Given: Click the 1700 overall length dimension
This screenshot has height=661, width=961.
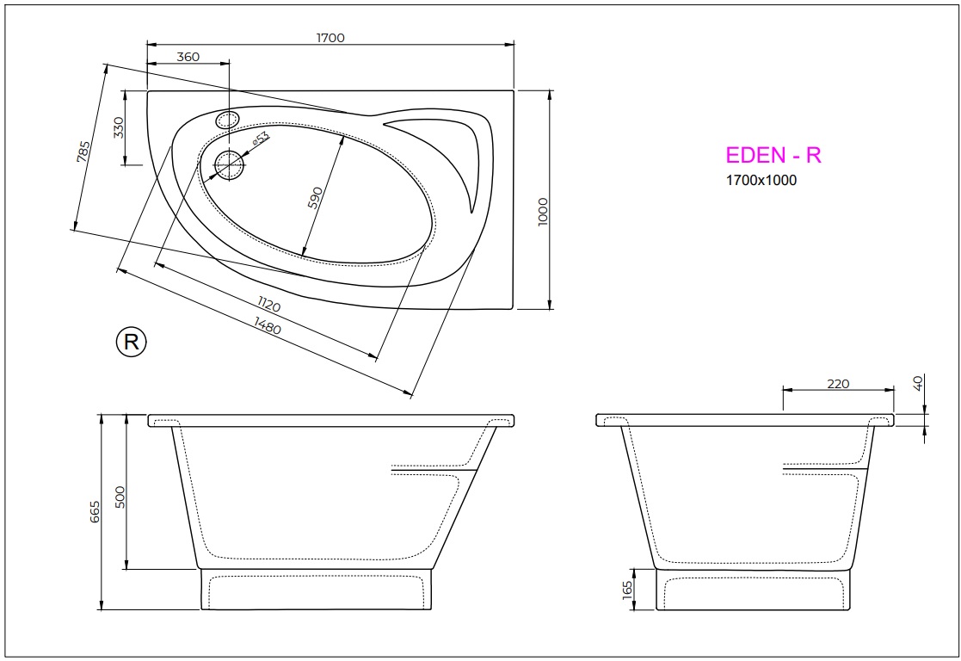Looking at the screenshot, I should pyautogui.click(x=330, y=38).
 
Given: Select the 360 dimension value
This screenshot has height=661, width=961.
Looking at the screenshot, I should pyautogui.click(x=188, y=57).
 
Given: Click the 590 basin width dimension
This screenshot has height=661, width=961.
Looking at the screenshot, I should pyautogui.click(x=316, y=197).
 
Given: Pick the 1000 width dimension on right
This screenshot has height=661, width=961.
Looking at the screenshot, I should pyautogui.click(x=542, y=212).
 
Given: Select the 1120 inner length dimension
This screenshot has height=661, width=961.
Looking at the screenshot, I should pyautogui.click(x=268, y=306).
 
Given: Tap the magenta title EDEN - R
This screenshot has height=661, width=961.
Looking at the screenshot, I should pyautogui.click(x=773, y=155).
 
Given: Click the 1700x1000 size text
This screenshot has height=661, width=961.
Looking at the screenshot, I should pyautogui.click(x=761, y=181).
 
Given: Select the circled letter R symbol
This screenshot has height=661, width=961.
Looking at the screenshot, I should pyautogui.click(x=131, y=342).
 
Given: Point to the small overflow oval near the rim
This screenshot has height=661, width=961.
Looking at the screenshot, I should pyautogui.click(x=228, y=120).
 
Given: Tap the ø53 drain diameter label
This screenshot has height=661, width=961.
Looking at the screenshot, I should pyautogui.click(x=261, y=138).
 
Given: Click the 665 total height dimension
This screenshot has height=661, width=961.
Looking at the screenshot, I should pyautogui.click(x=95, y=511).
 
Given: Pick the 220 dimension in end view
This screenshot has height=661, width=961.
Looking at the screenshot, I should pyautogui.click(x=838, y=384).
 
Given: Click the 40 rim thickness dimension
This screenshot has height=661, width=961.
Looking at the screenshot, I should pyautogui.click(x=918, y=383).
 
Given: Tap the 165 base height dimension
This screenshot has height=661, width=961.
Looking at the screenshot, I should pyautogui.click(x=627, y=589).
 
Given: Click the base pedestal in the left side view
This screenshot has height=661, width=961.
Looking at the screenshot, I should pyautogui.click(x=316, y=590).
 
